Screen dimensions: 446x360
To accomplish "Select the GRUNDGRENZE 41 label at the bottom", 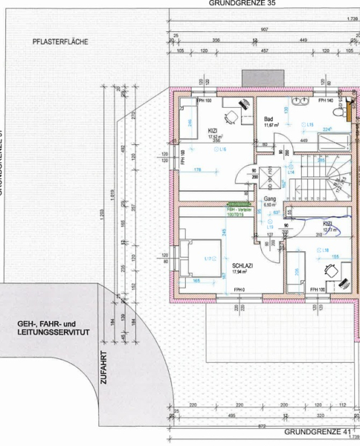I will pyautogui.click(x=317, y=432).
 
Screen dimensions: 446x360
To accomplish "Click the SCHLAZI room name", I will pyautogui.click(x=243, y=265).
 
